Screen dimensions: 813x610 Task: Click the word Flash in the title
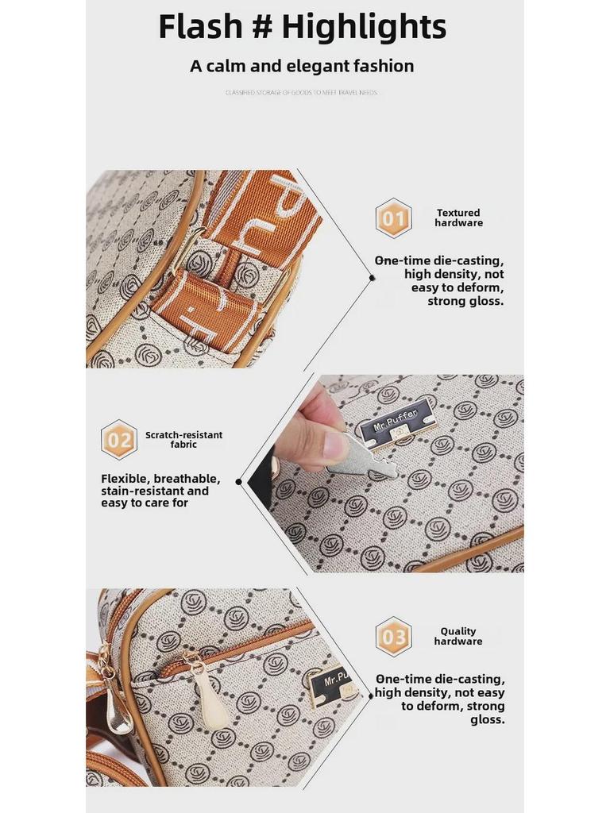201,27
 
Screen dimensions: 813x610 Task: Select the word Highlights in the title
364,27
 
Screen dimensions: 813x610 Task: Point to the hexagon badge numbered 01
393,218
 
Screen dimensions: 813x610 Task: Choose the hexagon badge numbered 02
119,440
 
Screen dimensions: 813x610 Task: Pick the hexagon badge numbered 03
393,637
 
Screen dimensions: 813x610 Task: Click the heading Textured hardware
458,218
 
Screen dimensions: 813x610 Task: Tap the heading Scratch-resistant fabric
183,440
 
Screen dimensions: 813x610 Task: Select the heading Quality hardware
458,637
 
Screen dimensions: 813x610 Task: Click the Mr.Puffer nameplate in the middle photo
396,422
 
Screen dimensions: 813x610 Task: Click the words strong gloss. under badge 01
465,302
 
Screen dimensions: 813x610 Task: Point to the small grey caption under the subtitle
301,93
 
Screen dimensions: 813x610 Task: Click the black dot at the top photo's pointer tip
372,277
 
